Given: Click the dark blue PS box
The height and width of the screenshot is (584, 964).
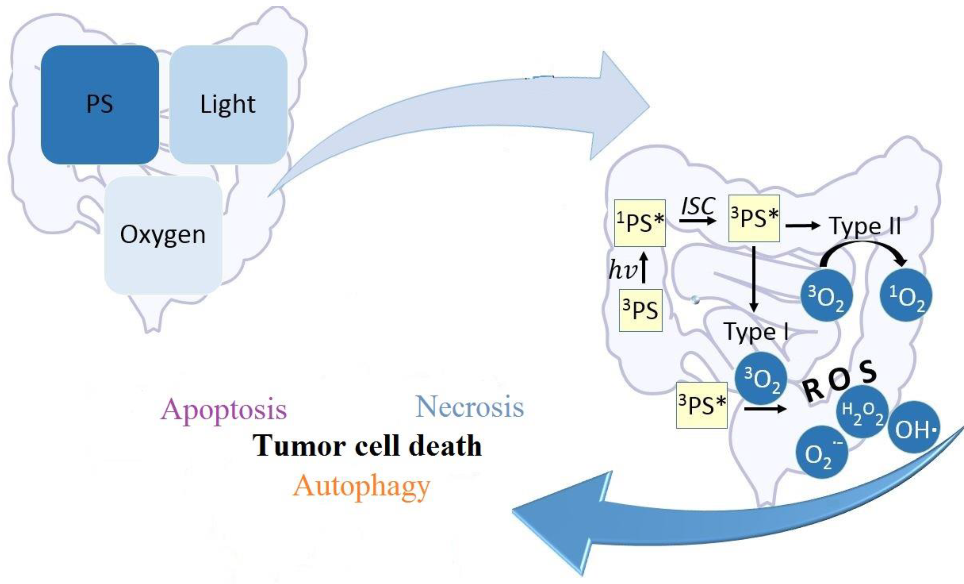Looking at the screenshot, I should click(x=100, y=105).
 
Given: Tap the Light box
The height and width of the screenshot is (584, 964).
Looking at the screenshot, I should click(x=228, y=105).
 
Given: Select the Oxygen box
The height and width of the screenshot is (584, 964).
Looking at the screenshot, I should click(x=163, y=235).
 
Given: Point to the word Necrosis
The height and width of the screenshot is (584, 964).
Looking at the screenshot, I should click(x=469, y=407).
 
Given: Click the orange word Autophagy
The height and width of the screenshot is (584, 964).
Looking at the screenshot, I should click(x=361, y=487).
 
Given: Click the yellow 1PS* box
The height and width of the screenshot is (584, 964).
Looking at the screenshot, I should click(x=640, y=223).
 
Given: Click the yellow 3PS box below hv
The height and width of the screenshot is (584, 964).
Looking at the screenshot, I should click(x=640, y=310).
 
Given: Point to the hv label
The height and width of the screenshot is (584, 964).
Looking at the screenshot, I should click(x=622, y=270).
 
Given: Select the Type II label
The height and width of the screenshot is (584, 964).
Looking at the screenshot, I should click(x=865, y=226).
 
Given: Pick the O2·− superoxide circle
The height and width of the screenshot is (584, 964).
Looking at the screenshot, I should click(x=822, y=453).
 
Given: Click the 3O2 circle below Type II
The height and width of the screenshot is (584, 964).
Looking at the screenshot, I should click(x=825, y=296).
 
